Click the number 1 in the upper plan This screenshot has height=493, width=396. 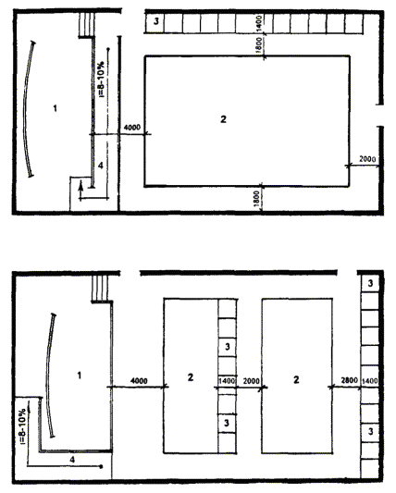(x=56, y=108)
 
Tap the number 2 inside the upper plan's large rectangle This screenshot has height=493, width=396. (x=223, y=119)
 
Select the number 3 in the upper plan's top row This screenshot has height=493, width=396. (x=155, y=21)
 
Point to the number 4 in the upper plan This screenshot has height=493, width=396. (x=100, y=166)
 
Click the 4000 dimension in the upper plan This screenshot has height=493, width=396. (x=132, y=128)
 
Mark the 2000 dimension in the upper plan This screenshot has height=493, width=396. (x=367, y=159)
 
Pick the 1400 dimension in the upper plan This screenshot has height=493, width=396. (x=258, y=23)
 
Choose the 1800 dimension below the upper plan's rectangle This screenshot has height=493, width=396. (x=256, y=200)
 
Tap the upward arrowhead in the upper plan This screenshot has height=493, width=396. (x=80, y=186)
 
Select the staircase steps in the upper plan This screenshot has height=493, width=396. (x=86, y=25)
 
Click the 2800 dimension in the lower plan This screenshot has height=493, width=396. (x=350, y=380)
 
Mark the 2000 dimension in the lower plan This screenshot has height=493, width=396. (x=252, y=381)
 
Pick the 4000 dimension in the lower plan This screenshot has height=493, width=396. (x=139, y=381)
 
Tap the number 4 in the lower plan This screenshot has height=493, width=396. (x=72, y=460)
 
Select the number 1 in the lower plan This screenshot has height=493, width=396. (x=80, y=376)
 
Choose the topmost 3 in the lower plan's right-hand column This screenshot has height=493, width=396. (x=370, y=283)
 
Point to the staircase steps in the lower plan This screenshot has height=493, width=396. (x=100, y=289)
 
